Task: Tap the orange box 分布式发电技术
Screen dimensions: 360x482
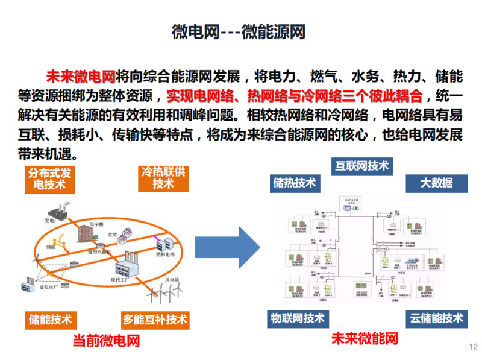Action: pyautogui.click(x=49, y=179)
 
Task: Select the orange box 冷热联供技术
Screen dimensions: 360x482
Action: pyautogui.click(x=163, y=177)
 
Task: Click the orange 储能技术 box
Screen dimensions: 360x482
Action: pyautogui.click(x=50, y=320)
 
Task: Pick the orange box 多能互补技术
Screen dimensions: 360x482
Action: pyautogui.click(x=155, y=320)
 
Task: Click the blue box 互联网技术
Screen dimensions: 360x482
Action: pyautogui.click(x=361, y=166)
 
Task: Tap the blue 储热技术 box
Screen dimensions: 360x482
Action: pyautogui.click(x=294, y=183)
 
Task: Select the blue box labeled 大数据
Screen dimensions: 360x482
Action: pyautogui.click(x=436, y=183)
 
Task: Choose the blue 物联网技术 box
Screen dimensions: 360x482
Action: pyautogui.click(x=297, y=318)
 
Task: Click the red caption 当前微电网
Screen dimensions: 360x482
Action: pyautogui.click(x=106, y=341)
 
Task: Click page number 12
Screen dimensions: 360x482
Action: pyautogui.click(x=473, y=346)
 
